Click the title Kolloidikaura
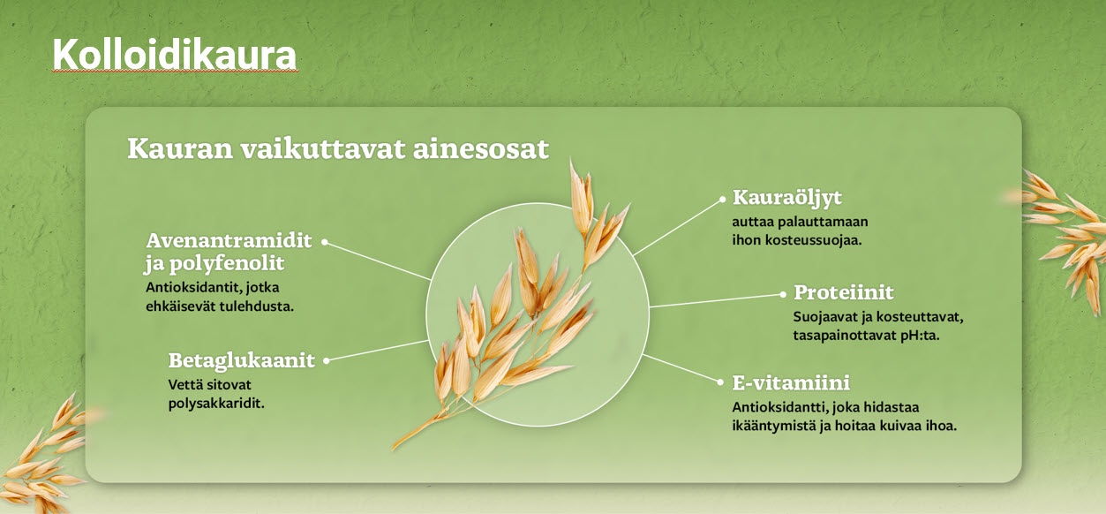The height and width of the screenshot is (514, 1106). [175, 55]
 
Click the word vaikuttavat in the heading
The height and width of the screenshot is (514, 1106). [323, 148]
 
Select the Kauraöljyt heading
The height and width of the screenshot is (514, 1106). [787, 198]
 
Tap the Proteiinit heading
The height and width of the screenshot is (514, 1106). [843, 292]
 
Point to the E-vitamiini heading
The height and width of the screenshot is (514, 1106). [791, 383]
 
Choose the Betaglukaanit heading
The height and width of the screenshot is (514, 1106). [242, 360]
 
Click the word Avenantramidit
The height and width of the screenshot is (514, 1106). [229, 240]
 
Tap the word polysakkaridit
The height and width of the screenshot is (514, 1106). [216, 404]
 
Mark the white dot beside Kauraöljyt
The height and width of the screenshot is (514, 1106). [722, 200]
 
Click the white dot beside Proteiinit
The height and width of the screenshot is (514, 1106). [783, 294]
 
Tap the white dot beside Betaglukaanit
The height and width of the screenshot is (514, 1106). [326, 361]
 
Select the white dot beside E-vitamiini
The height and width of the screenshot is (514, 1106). [720, 382]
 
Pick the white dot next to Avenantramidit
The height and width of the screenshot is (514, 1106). [325, 242]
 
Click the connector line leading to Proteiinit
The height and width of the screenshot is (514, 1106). [716, 300]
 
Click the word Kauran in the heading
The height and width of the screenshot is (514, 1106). [180, 148]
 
